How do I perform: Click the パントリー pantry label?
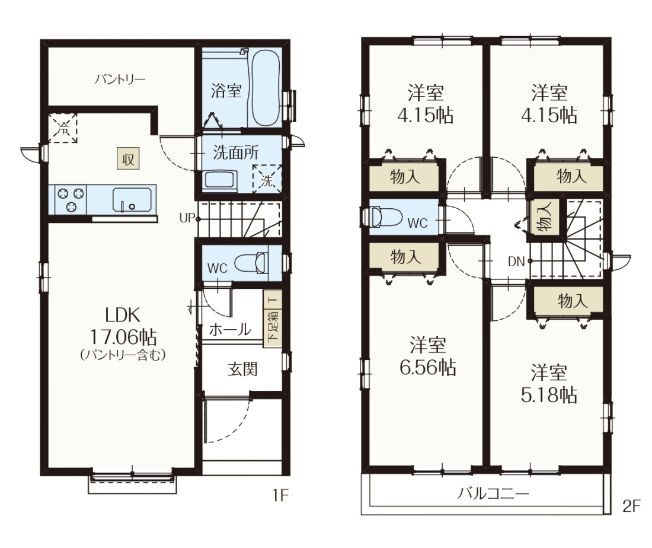coord(120,79)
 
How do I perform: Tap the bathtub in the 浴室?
coord(266,88)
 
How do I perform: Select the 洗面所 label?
coord(235,152)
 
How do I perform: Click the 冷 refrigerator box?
coord(63,128)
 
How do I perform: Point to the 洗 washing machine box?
coord(267,179)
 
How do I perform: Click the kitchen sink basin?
coord(132,200)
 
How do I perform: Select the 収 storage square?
coord(127,158)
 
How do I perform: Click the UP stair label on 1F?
coord(187,218)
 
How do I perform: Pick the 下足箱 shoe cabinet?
coord(273,318)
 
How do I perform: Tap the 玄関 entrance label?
coord(242,369)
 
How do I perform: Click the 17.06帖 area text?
coord(123,336)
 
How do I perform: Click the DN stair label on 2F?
coord(516,262)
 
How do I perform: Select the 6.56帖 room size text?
coord(427,367)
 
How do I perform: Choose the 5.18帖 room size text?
coord(549,394)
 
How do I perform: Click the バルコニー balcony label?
coord(493,493)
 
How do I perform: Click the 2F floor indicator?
coord(631,505)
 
